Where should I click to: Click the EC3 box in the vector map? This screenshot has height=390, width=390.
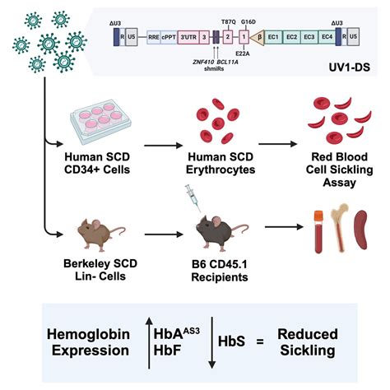pos(309,37)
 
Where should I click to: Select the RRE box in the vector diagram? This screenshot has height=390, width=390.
pos(154,37)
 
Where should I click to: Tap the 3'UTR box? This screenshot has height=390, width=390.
pos(188,37)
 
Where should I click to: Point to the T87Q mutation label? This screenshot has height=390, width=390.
pos(228,22)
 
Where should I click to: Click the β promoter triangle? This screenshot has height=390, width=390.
pos(258,37)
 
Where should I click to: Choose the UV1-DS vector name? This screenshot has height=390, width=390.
pos(350,67)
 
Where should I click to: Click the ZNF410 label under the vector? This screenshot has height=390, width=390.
pos(203,62)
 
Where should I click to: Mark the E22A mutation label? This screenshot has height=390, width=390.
pos(243,53)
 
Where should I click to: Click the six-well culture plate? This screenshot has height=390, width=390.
pos(100,121)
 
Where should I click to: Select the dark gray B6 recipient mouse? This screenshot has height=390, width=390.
pos(221,233)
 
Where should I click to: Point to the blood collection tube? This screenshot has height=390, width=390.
pos(318,232)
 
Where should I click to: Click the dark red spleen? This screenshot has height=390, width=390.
pos(360,230)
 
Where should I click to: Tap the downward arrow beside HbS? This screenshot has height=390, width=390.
pos(212,343)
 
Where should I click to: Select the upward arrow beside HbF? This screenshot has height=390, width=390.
pos(149,343)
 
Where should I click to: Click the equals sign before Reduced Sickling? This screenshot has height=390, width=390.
pos(260,341)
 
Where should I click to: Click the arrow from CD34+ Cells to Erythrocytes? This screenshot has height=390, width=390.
pos(163,146)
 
